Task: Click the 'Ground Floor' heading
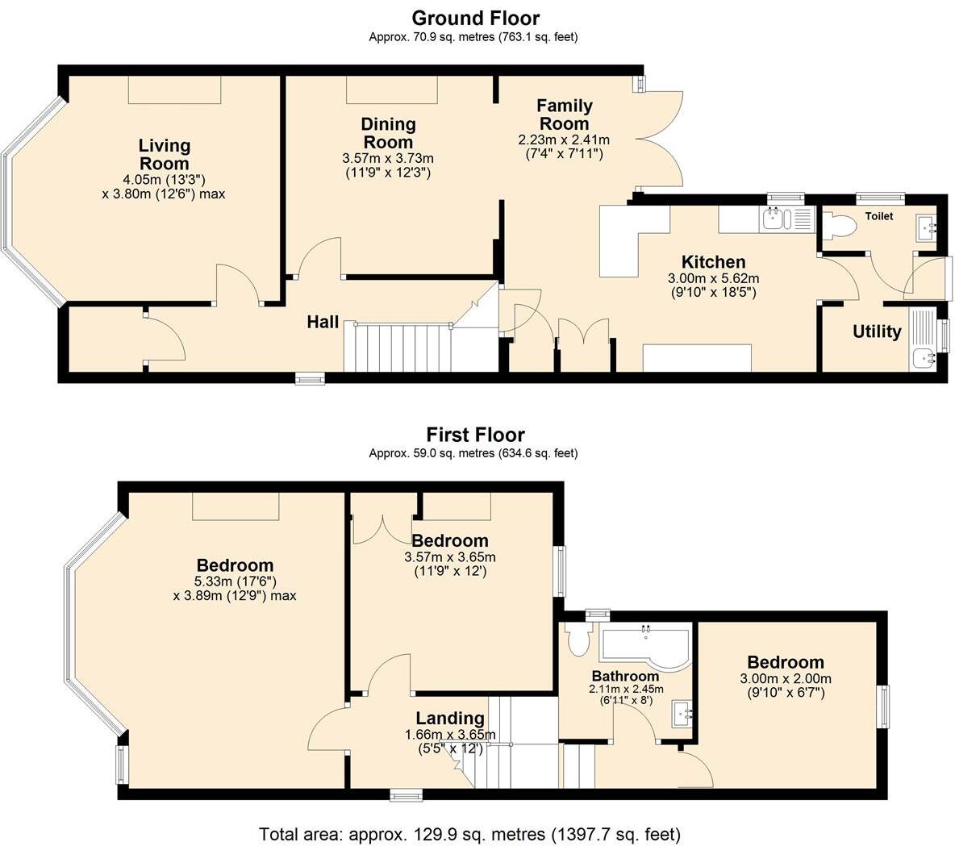coord(476,18)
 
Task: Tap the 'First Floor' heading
coord(475,435)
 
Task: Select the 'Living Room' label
coord(165,154)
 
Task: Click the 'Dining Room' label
coord(388,133)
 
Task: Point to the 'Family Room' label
coord(564,115)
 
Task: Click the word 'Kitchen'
coord(713,262)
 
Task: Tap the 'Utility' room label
coord(877,331)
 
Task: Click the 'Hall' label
coord(323,322)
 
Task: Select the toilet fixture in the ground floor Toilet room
coord(840,226)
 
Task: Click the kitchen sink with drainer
coord(786,219)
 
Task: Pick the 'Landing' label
coord(450,719)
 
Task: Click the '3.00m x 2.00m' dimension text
coord(786,678)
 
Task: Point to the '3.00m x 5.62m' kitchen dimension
coord(713,278)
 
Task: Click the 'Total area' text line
coord(469,833)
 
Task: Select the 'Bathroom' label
coord(625,676)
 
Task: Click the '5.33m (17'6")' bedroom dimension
coord(236,581)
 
